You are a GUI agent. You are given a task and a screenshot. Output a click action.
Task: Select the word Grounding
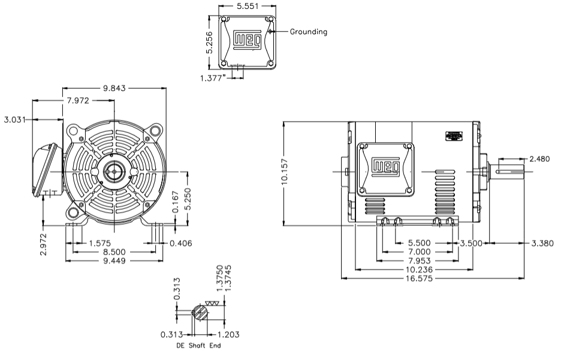[309, 32]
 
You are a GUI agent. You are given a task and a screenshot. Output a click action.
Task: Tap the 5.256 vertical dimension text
[209, 43]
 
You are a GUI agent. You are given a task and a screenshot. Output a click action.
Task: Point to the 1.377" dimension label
[214, 77]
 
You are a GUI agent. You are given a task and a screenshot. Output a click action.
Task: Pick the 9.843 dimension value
[114, 88]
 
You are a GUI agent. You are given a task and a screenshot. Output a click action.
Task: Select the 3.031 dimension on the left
[15, 120]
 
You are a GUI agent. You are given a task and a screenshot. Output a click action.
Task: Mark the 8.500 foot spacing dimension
[113, 252]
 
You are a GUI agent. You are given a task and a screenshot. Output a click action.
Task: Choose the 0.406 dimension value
[180, 243]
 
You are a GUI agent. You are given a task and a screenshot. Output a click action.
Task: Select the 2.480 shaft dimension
[540, 159]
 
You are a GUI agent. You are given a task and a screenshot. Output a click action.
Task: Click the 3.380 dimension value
[542, 243]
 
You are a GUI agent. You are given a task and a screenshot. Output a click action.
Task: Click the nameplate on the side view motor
[454, 136]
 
